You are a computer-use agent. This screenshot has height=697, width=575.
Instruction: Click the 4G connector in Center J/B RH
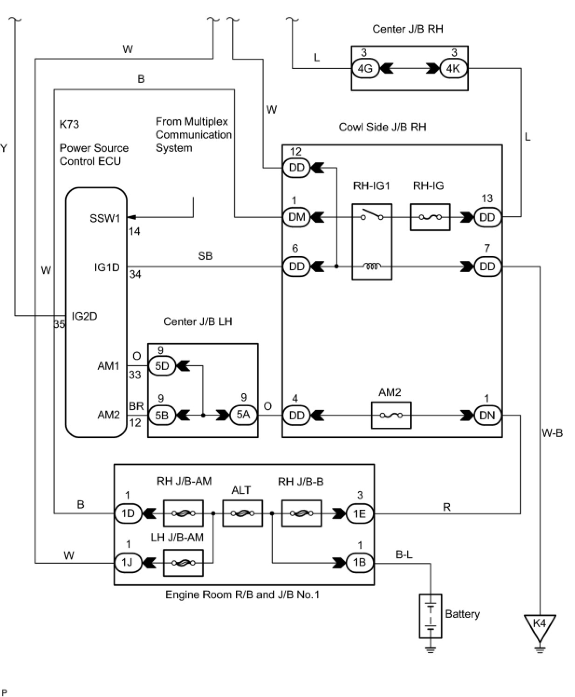click(365, 68)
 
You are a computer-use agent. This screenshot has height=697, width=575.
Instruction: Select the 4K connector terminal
click(453, 68)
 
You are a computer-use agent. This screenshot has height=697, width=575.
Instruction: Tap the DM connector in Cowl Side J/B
click(296, 217)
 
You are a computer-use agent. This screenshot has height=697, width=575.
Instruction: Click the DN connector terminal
click(487, 415)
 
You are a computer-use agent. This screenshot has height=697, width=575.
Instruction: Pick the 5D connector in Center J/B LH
click(162, 366)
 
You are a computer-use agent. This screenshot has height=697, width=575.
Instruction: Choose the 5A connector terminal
click(243, 415)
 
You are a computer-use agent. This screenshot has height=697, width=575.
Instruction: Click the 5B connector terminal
click(162, 415)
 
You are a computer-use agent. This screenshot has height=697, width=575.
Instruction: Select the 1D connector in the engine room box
click(128, 513)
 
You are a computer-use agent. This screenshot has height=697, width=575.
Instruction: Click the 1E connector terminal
click(360, 513)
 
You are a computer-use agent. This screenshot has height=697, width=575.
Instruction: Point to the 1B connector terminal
click(360, 563)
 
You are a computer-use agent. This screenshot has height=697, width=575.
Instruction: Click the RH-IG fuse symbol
click(430, 217)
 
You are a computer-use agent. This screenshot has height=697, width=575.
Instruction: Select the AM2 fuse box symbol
click(391, 415)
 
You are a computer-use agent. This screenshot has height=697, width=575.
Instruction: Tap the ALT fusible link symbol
click(242, 513)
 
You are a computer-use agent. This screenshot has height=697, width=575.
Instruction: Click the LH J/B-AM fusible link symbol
click(183, 563)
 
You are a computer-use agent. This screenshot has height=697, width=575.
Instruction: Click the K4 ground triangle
click(540, 628)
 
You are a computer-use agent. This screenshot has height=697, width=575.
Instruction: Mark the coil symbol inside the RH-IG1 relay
click(372, 266)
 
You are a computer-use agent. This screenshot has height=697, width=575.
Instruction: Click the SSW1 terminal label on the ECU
click(105, 219)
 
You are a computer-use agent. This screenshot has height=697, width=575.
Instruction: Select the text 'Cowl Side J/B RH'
click(383, 127)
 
